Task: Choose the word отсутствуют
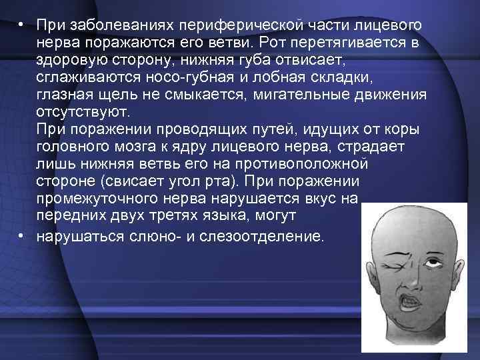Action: (85, 111)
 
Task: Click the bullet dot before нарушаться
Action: (22, 234)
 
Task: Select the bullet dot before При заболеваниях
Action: (22, 25)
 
